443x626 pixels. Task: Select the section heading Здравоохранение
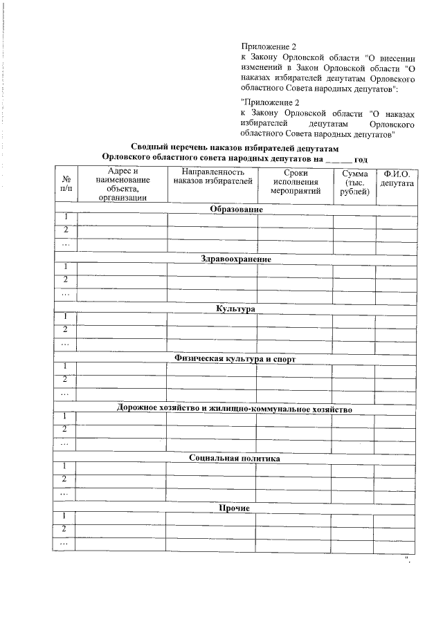[x=236, y=259]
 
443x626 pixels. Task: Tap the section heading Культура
[x=235, y=309]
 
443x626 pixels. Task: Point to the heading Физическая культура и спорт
[x=235, y=359]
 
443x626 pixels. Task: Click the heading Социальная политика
[x=235, y=459]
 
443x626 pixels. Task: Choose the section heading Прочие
[x=234, y=508]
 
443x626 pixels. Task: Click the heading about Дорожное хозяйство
[x=235, y=409]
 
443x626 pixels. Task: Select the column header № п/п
[x=66, y=183]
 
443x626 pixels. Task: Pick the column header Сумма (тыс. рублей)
[x=354, y=182]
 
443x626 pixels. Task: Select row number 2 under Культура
[x=66, y=329]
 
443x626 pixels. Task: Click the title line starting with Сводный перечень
[x=236, y=147]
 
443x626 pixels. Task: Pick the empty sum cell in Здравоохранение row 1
[x=353, y=268]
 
